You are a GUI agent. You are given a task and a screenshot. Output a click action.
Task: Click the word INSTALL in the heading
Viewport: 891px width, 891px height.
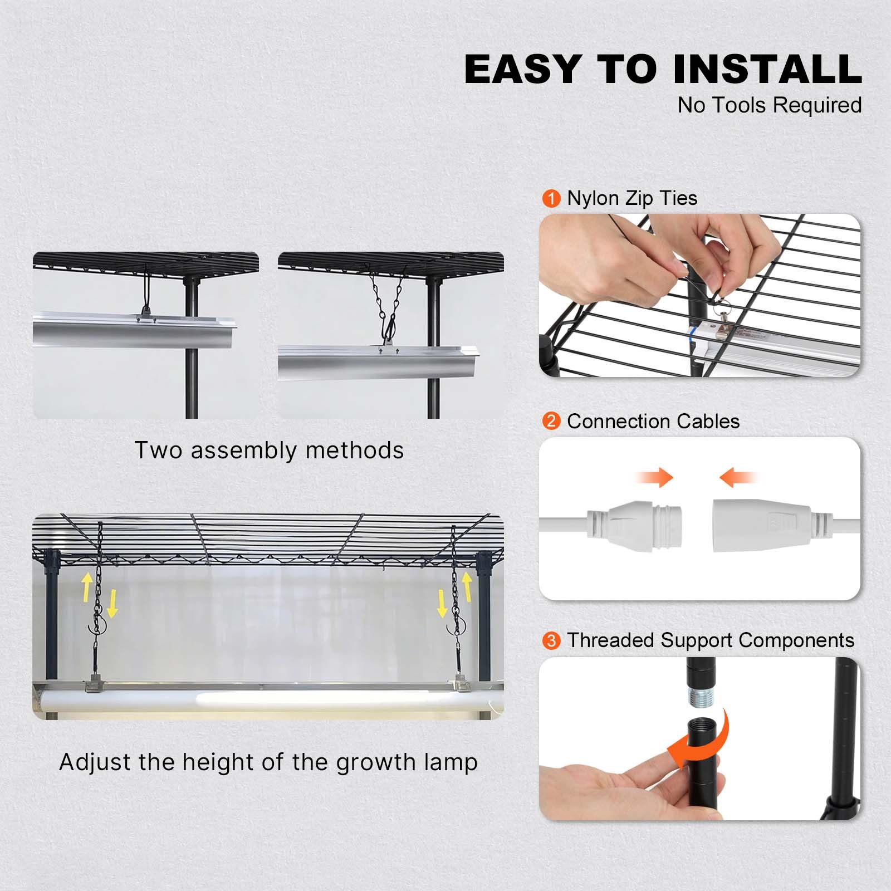point(767,69)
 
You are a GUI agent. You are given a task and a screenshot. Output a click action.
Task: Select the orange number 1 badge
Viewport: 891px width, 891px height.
point(551,199)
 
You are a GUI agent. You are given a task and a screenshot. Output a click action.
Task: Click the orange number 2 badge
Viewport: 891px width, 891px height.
point(551,421)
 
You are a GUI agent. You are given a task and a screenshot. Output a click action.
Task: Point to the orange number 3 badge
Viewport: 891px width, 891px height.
point(551,640)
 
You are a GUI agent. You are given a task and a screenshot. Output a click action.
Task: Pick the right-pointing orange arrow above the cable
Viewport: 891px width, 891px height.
point(655,477)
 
